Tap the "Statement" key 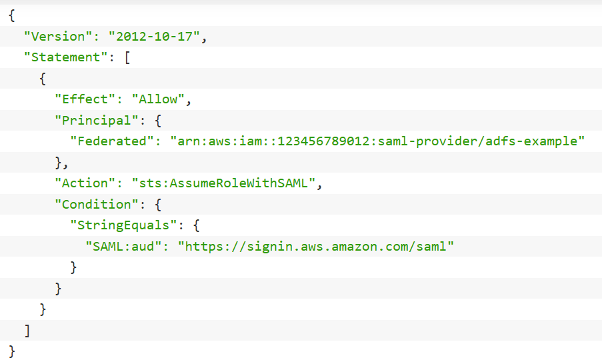pyautogui.click(x=66, y=57)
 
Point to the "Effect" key pyautogui.click(x=85, y=99)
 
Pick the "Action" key pyautogui.click(x=85, y=183)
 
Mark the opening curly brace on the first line pyautogui.click(x=12, y=15)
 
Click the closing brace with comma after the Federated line pyautogui.click(x=61, y=162)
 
